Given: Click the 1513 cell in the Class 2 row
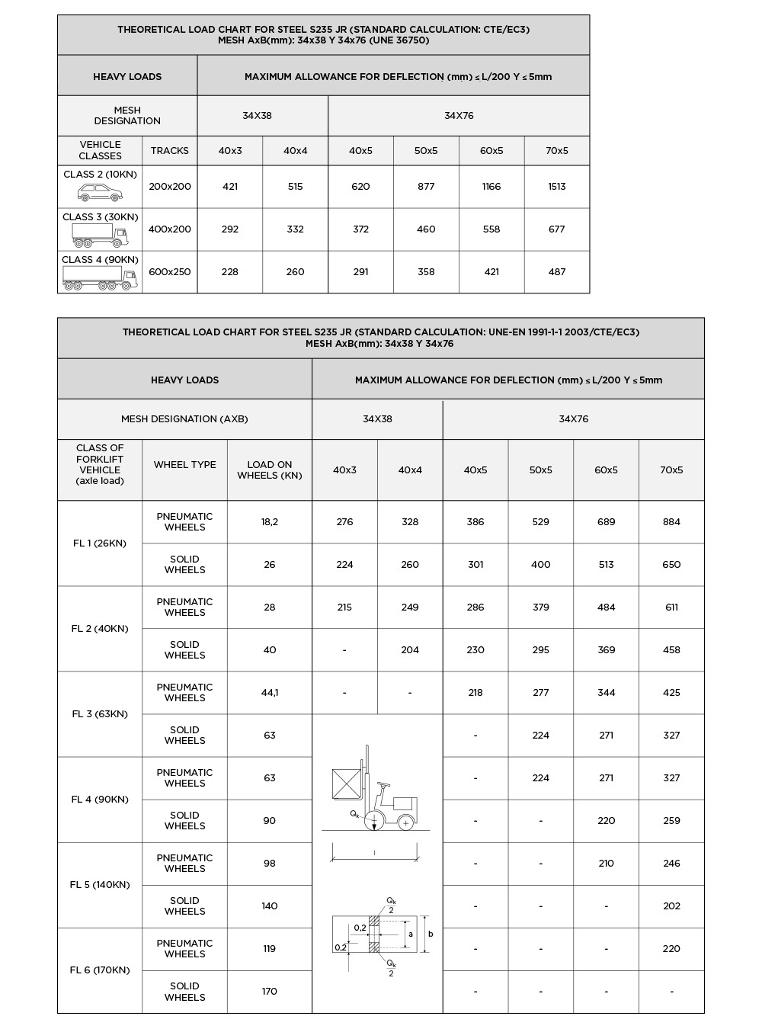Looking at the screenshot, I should click(557, 187).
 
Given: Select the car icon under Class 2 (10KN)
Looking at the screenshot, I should click(100, 192).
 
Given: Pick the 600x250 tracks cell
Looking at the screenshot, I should click(169, 272).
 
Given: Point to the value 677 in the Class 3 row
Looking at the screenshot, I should click(557, 229).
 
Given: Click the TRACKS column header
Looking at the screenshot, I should click(169, 151).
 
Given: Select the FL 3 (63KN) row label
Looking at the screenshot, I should click(100, 714).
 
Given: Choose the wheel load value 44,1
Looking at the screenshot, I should click(270, 693).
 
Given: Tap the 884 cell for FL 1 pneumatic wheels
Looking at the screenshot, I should click(671, 522).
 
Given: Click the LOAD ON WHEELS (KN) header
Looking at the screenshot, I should click(270, 470).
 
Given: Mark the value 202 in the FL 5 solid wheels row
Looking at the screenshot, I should click(671, 906).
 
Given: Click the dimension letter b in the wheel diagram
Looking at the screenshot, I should click(431, 934).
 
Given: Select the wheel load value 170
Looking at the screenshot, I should click(270, 992).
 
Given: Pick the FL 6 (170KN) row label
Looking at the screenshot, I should click(100, 970).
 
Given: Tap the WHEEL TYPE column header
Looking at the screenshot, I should click(184, 465).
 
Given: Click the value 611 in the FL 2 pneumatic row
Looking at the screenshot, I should click(671, 607).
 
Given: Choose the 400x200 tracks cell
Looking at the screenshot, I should click(169, 229).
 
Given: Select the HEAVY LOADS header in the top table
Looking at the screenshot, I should click(127, 77).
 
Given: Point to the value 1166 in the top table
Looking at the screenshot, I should click(491, 187).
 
